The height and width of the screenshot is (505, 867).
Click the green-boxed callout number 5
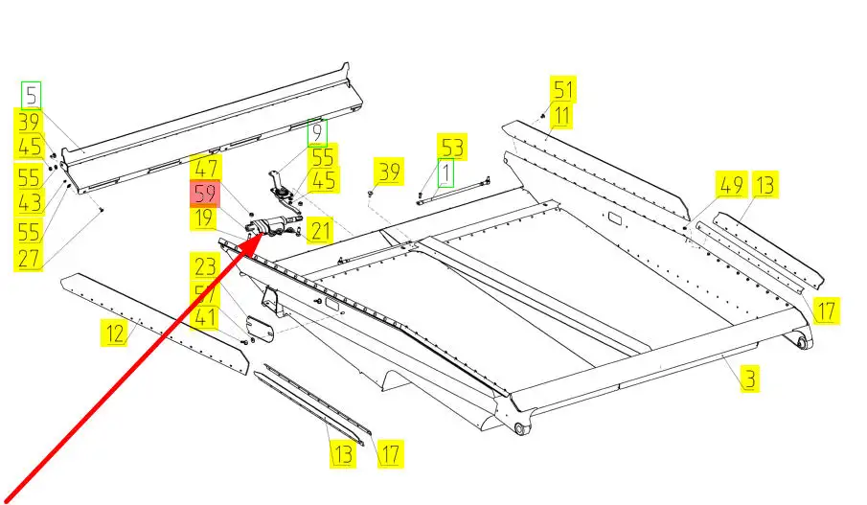coord(33,96)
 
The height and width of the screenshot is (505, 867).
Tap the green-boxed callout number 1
coord(445,174)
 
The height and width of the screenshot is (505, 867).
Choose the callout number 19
coord(202,219)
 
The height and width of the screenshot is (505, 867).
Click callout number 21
coord(319,230)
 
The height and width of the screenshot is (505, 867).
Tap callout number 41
coord(204,316)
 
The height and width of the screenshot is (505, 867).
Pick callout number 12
coord(115,333)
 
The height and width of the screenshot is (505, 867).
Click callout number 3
coord(749,379)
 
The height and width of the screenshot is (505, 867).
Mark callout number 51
coord(562,91)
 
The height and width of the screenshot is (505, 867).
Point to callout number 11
coord(561,117)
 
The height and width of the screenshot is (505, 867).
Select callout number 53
coord(451,148)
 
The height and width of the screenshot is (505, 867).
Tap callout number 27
coord(28,259)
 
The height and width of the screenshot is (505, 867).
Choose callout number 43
coord(28,204)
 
